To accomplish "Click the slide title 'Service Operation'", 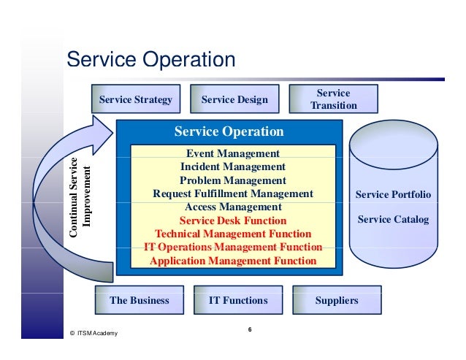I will [150, 59].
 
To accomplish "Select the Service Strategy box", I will [136, 99].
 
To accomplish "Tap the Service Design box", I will [234, 99].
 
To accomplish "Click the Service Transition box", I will [333, 99].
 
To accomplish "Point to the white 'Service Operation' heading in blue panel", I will [229, 132].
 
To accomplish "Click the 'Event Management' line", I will [233, 153].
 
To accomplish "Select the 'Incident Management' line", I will [233, 166].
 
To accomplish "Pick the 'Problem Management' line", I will [233, 180].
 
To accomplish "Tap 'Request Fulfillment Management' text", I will [233, 194].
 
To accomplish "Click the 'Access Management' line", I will [233, 207].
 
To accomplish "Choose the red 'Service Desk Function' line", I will [233, 221].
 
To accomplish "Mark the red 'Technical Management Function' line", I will [233, 234].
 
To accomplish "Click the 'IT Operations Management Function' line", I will [233, 247].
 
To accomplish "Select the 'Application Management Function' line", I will [233, 260].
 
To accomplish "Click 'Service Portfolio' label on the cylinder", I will [393, 195].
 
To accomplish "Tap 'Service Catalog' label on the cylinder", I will [393, 219].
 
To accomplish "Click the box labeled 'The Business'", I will [139, 300].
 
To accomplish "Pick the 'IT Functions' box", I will [238, 300].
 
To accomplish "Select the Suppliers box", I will [337, 300].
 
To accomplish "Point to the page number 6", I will [250, 330].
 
